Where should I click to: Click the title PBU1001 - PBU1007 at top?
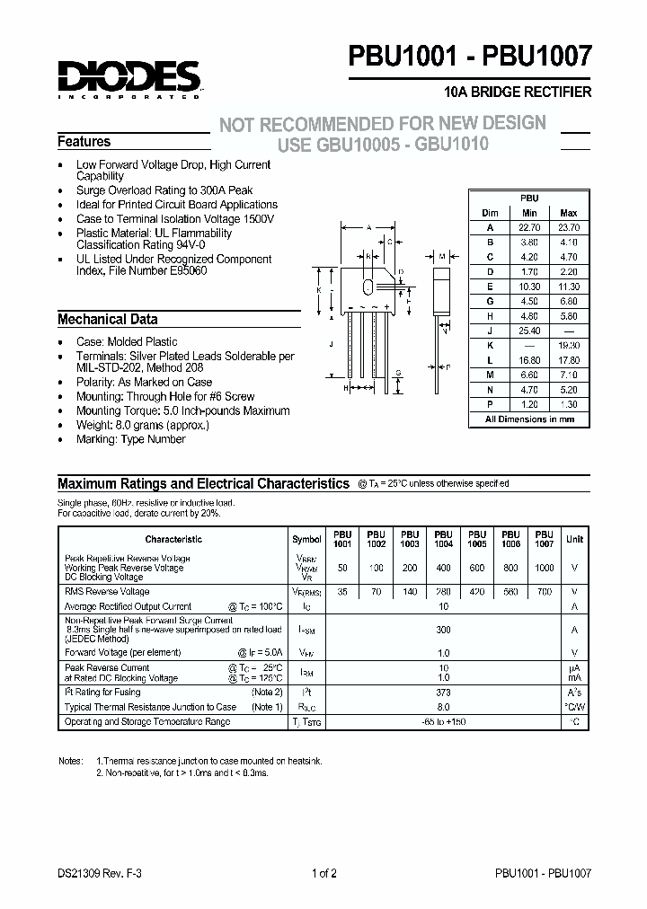click(470, 57)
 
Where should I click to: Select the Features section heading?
click(84, 142)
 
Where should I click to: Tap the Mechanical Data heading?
click(108, 319)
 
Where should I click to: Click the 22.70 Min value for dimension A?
click(529, 228)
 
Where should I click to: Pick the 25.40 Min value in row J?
click(529, 331)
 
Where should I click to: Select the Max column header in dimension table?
click(569, 213)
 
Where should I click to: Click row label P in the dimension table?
click(490, 404)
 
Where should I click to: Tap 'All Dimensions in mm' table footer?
click(529, 419)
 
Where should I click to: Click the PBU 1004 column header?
click(443, 539)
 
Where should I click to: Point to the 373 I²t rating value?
click(443, 693)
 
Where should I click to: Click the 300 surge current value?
click(443, 631)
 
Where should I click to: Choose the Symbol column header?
click(306, 539)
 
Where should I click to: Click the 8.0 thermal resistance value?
click(443, 707)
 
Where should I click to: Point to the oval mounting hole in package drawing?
click(367, 287)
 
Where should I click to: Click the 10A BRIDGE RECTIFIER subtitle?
click(518, 93)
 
